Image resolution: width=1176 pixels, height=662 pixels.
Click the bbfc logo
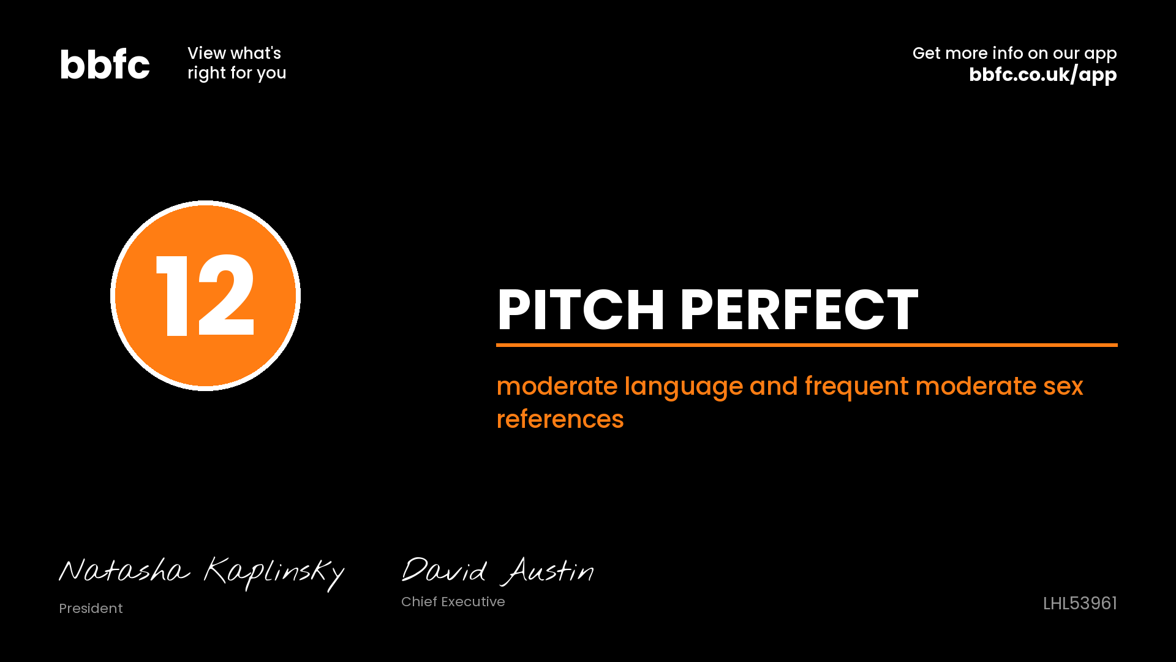(105, 64)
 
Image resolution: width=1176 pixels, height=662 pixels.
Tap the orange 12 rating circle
(205, 295)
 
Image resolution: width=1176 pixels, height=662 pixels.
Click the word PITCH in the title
(581, 310)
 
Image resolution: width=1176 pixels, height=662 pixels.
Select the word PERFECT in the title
(799, 310)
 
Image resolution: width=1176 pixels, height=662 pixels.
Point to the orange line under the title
(807, 345)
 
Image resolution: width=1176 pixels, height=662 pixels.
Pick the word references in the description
(560, 420)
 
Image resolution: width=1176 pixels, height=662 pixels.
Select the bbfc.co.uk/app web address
(1042, 75)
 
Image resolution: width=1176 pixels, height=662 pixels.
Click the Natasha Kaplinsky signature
(202, 573)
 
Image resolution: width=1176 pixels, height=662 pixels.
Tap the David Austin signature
(497, 571)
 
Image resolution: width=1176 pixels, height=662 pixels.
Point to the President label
(91, 608)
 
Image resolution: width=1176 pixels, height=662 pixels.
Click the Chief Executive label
(453, 602)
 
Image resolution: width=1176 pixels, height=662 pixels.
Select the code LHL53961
(1080, 604)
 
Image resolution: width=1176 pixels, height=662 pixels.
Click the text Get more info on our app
(1014, 54)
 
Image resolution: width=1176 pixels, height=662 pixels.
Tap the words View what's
(234, 53)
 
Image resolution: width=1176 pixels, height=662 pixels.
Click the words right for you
(236, 73)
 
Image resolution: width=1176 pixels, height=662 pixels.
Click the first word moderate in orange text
(557, 387)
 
